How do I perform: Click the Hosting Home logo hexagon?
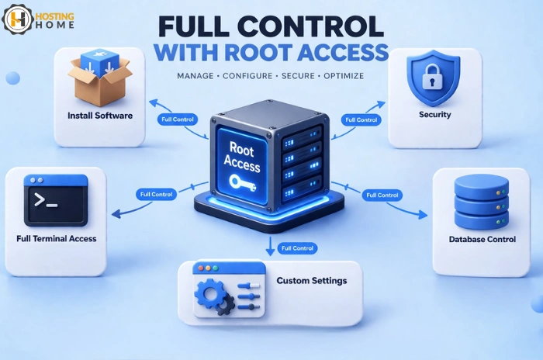point(18,19)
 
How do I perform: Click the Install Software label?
point(99,116)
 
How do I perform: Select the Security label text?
point(434,115)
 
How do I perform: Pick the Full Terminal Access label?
point(56,238)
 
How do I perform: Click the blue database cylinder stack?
point(480,199)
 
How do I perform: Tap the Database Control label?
point(482,239)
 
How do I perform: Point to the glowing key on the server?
point(241,182)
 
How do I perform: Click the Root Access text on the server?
point(241,151)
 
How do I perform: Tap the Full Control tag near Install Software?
point(178,119)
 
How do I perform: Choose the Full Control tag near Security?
point(361,119)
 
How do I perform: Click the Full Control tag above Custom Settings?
point(297,248)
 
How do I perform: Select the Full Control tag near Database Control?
point(382,195)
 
